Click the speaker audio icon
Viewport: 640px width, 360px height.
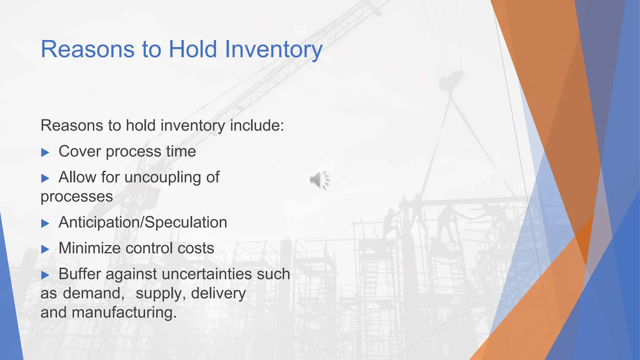pos(319,180)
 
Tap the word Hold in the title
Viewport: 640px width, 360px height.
pos(193,49)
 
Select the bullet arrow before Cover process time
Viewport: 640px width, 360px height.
pos(45,152)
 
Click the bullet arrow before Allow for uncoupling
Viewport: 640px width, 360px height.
pos(45,178)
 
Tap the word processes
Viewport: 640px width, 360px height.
pos(77,197)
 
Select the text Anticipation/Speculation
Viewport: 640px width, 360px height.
pos(143,222)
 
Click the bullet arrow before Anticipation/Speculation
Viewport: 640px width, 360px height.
pos(45,223)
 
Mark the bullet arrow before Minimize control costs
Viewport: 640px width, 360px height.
pos(45,249)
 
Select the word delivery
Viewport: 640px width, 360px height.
pos(218,294)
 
